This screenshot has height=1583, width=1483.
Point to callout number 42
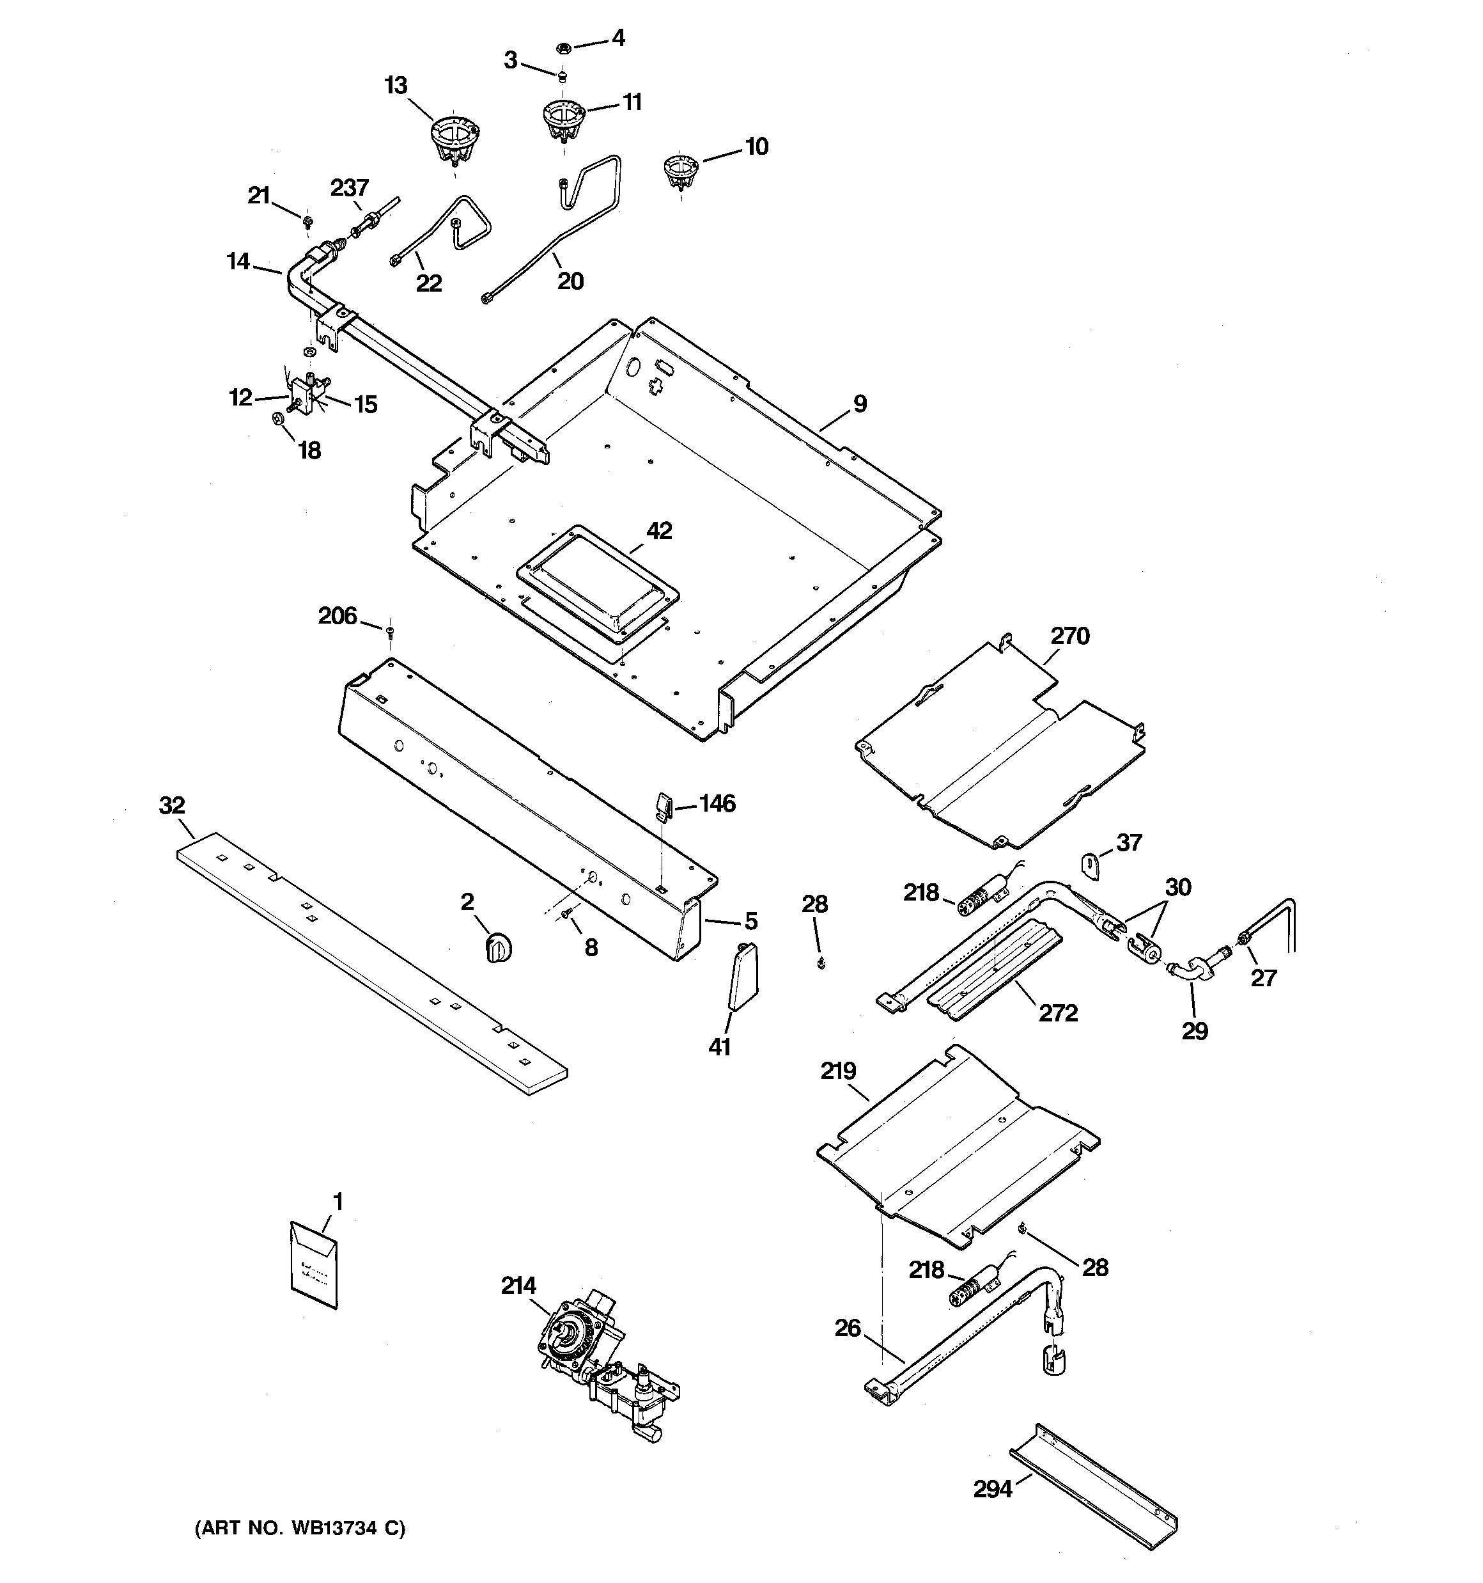pos(659,530)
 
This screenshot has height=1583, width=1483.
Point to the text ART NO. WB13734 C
pos(301,1528)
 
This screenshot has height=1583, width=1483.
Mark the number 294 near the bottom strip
pos(993,1488)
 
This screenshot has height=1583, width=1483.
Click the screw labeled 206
pos(390,633)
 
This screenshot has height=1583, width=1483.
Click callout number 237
pos(350,188)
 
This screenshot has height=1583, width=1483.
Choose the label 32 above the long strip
pos(172,805)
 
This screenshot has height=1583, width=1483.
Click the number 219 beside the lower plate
pos(838,1071)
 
